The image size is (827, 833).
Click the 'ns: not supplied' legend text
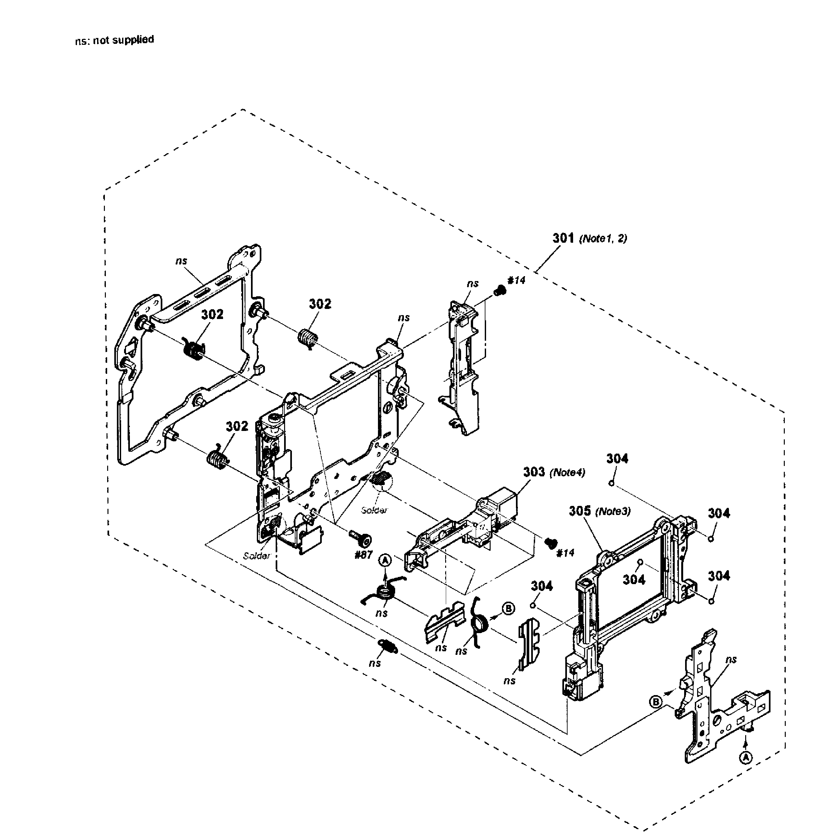pos(114,40)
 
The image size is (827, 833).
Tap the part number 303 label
pos(534,472)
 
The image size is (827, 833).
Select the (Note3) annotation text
pos(613,511)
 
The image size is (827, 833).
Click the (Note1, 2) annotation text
pos(603,239)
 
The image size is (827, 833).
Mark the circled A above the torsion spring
pos(385,560)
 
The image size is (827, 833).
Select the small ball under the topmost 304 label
pos(611,483)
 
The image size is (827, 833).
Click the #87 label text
pos(363,555)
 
